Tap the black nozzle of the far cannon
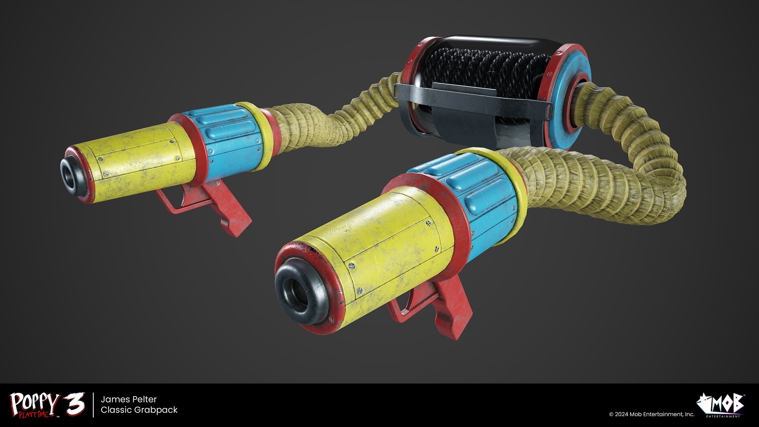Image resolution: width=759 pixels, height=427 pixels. (x=73, y=174)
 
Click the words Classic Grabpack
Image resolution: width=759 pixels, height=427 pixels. (x=139, y=410)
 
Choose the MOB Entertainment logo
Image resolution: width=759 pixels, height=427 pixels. (x=721, y=404)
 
